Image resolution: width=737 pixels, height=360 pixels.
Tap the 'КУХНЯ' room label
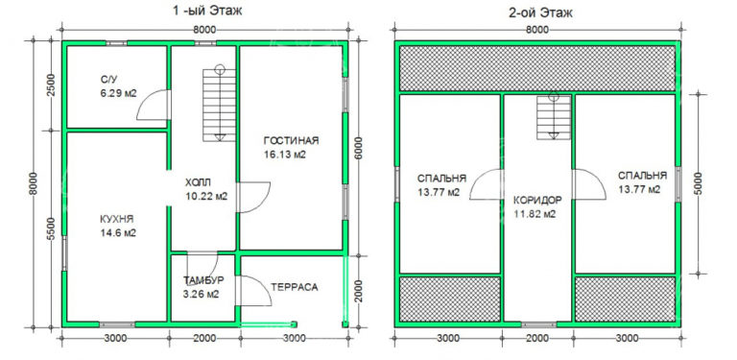pos(117,219)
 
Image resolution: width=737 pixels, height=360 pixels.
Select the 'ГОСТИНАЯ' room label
pos(290,140)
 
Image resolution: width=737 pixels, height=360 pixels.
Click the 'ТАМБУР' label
pos(203,280)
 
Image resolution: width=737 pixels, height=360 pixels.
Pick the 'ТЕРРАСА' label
pos(294,286)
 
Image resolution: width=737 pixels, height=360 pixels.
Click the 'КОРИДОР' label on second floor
pos(537,200)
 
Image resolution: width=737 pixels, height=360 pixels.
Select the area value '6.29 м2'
pos(119,94)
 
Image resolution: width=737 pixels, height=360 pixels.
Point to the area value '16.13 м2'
pos(285,155)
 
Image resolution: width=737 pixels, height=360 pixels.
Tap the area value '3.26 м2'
pos(202,294)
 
